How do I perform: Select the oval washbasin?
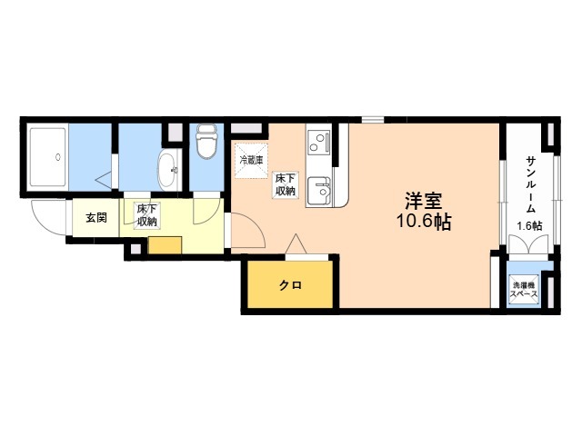click(x=167, y=168)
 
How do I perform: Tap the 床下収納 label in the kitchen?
click(x=286, y=184)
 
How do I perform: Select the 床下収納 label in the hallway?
click(x=146, y=215)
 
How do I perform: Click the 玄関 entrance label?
click(x=96, y=218)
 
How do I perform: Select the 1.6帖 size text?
click(x=529, y=226)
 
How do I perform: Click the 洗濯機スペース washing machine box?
click(x=524, y=289)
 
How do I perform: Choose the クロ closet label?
click(x=290, y=285)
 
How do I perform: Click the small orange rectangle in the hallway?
click(x=166, y=244)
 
